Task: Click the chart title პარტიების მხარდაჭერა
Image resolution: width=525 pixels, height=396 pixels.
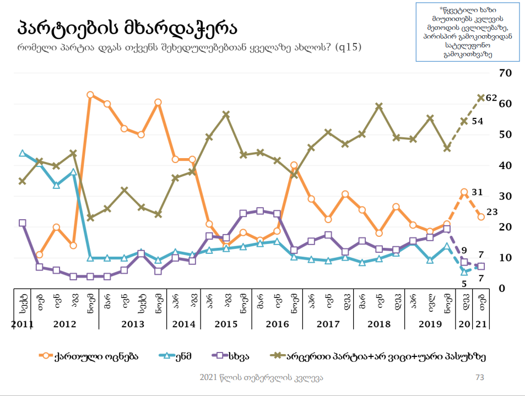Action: tap(127, 26)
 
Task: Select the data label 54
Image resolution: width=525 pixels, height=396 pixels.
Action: tap(477, 122)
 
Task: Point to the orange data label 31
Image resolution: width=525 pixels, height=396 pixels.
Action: tap(477, 192)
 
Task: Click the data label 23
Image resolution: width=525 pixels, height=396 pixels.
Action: tap(492, 211)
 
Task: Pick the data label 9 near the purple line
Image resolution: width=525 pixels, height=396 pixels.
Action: tap(464, 250)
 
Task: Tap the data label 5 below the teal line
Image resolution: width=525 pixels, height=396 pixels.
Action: tap(464, 284)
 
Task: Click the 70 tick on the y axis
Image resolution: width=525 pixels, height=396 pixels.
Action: tap(505, 73)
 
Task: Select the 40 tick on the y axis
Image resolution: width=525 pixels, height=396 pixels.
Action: tap(505, 165)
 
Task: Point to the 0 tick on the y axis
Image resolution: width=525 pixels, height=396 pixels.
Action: tap(501, 289)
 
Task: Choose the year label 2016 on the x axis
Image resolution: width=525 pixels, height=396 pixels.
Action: tap(277, 324)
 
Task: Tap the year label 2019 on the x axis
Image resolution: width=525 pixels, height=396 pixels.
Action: tap(430, 324)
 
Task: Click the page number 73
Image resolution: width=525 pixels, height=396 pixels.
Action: tap(479, 377)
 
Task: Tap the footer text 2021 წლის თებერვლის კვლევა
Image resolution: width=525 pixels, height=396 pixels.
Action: tap(261, 377)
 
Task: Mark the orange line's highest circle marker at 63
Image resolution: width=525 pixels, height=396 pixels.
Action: tap(90, 95)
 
